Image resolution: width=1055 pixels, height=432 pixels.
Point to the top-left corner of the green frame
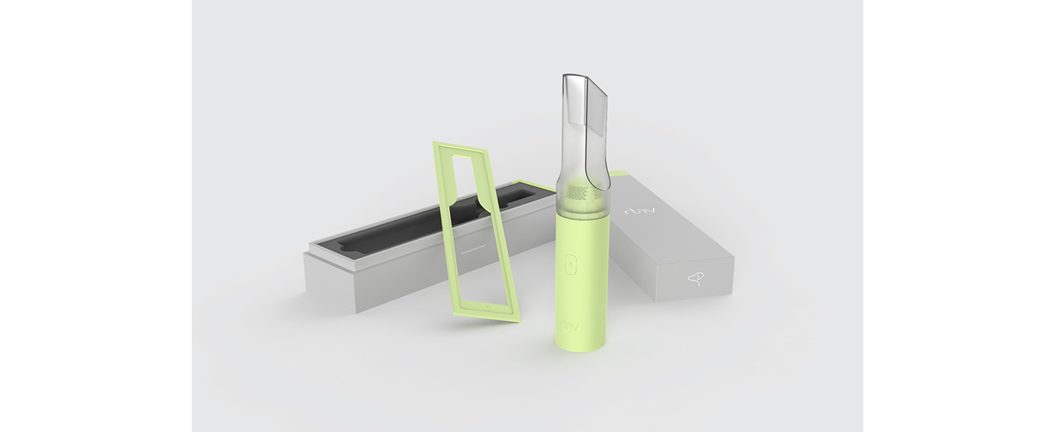(435, 143)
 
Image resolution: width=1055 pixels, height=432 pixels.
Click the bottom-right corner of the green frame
(518, 320)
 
